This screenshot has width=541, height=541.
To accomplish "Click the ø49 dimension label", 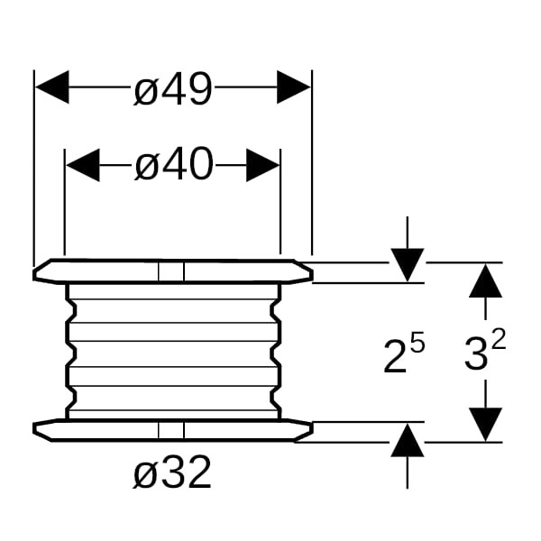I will click(173, 90).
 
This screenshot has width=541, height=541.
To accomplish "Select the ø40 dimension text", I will click(173, 165).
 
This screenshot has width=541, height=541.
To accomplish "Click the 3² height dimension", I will click(484, 354).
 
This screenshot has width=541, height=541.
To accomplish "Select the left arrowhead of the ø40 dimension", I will click(82, 165).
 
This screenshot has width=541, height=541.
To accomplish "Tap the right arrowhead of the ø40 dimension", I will click(263, 165).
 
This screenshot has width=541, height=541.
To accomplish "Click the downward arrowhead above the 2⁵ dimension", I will click(408, 265).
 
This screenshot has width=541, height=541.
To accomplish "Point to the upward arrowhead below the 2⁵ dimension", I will click(408, 441).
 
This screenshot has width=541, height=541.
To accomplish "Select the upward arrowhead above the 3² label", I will click(486, 280).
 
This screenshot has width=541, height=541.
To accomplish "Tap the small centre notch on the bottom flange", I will click(170, 431).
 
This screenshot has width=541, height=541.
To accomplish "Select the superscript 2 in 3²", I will click(499, 343).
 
